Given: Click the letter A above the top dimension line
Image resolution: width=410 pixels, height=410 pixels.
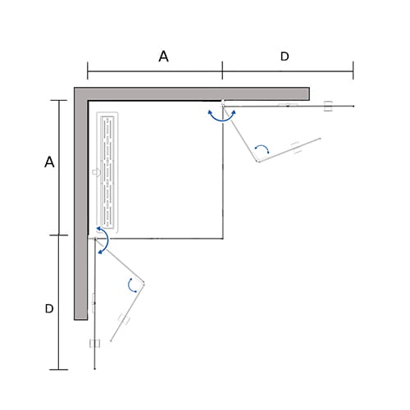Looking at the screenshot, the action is point(163,57).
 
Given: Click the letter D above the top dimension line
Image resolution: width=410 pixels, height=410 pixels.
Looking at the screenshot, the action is point(285,57).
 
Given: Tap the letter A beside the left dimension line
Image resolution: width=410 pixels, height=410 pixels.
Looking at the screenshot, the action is point(49,162).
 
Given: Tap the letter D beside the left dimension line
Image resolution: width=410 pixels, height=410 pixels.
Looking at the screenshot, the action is point(49,308).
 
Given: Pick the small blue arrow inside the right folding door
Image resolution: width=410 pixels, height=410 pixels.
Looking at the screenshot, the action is point(262,148).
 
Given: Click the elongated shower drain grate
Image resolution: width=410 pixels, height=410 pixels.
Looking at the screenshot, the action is point(107,173).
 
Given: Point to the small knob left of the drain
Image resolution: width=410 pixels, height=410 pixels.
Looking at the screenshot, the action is point(96,172).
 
